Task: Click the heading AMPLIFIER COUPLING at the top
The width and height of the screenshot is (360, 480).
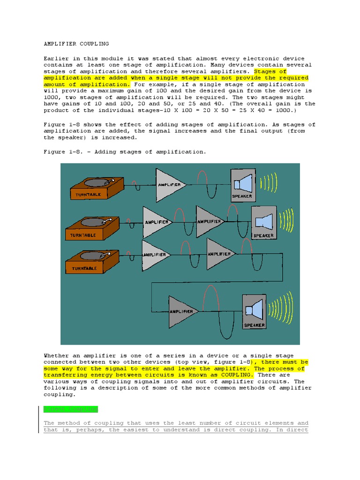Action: tap(76, 44)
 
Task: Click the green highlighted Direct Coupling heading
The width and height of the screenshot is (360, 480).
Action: tap(70, 409)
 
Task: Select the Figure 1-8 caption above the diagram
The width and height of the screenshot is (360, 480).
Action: tap(125, 152)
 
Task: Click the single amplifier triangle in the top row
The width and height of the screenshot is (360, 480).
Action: tap(169, 185)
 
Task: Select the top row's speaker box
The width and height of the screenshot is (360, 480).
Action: tap(242, 185)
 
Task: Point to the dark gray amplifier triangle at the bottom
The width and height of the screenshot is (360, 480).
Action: tap(182, 311)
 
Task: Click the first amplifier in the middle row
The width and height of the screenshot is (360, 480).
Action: tap(156, 222)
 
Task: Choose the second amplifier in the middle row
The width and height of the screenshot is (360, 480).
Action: tap(209, 221)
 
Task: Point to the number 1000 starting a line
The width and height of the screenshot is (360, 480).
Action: tap(51, 97)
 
